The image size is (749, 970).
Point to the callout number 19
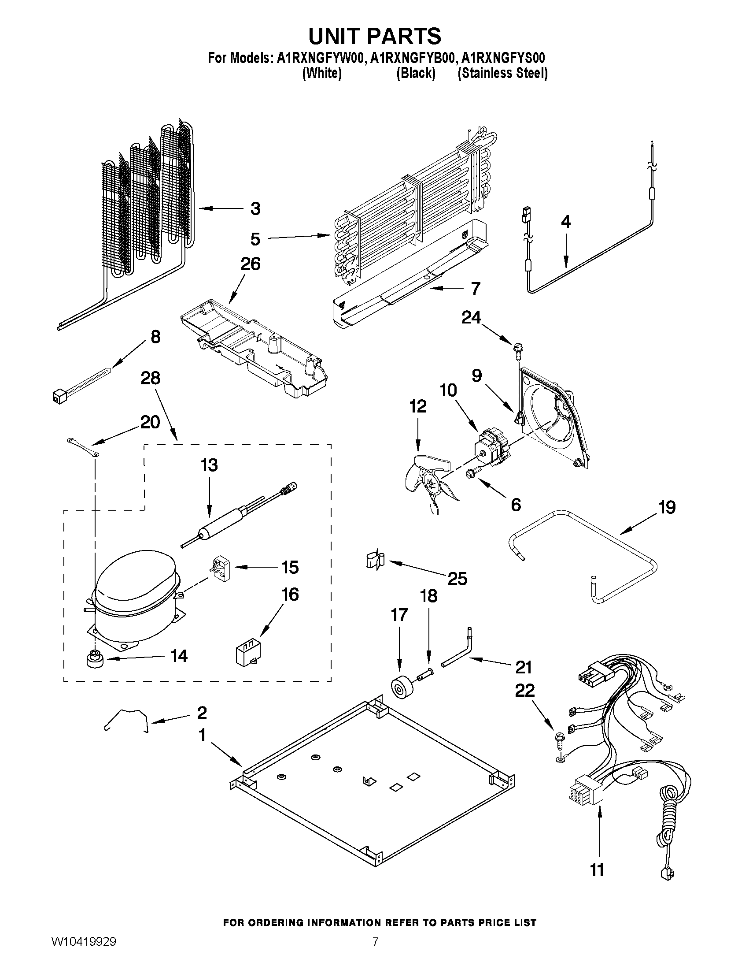click(667, 507)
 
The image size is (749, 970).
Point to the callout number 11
click(597, 870)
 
